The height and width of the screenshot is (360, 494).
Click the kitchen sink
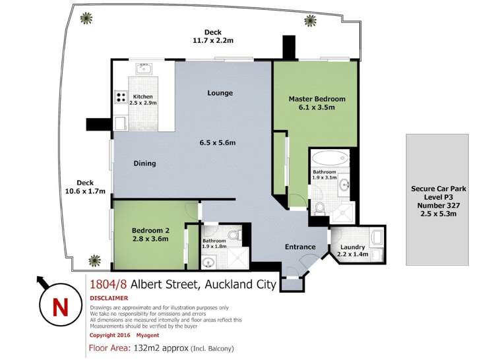145,68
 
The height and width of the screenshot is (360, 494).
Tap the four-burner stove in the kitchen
121,98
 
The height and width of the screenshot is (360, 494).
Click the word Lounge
220,93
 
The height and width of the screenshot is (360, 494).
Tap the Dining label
144,164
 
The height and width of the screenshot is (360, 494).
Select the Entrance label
300,247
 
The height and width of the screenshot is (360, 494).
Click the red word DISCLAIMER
110,298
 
